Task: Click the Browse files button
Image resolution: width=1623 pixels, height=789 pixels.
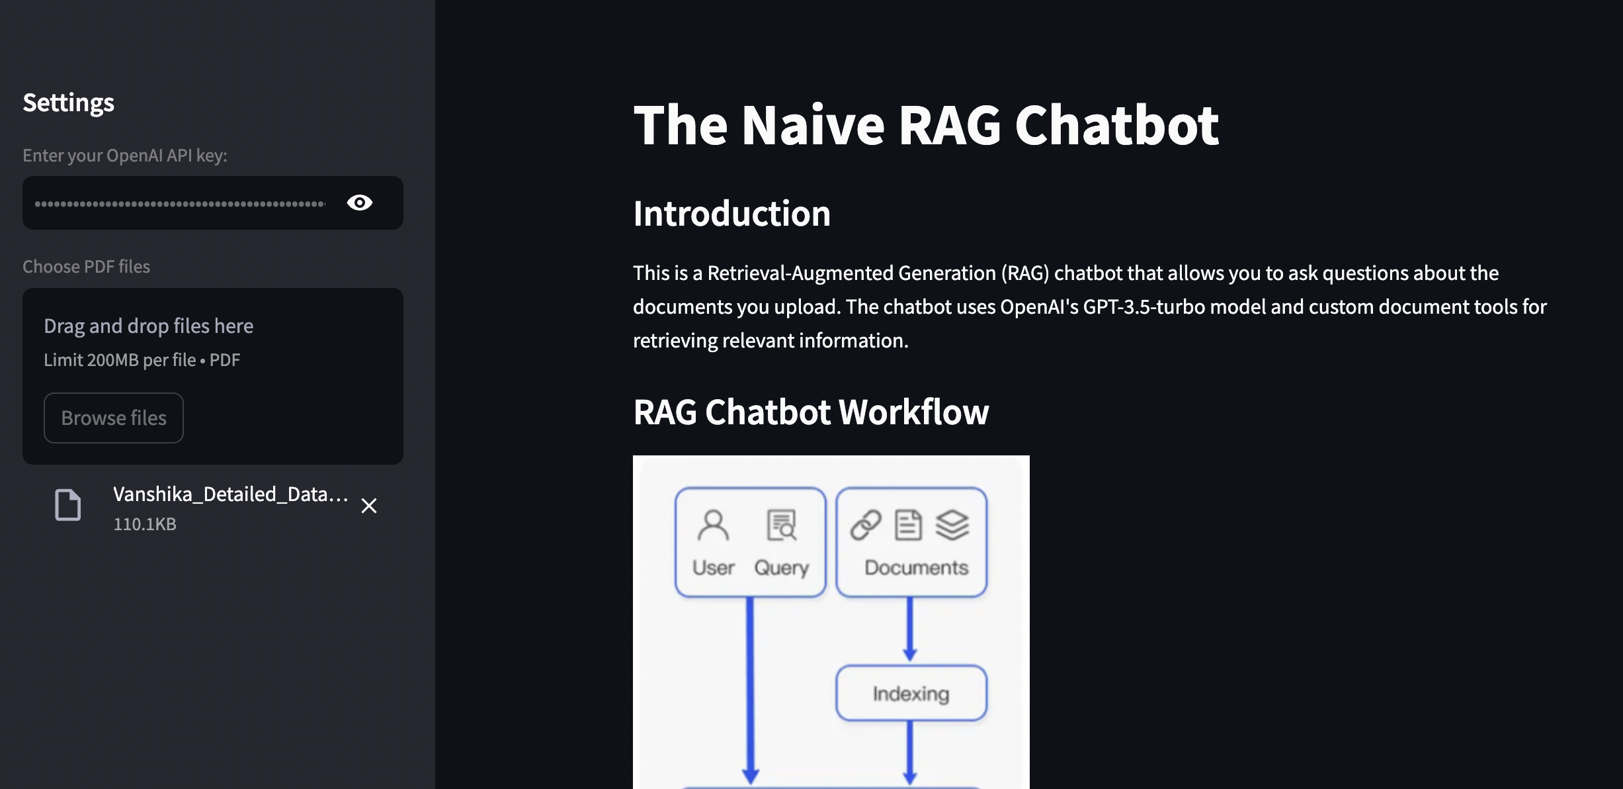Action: pos(113,418)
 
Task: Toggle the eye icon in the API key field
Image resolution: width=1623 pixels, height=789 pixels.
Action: pos(359,203)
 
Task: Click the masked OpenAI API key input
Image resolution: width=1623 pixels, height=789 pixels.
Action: pos(180,203)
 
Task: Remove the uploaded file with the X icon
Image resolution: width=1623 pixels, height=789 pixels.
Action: pos(369,506)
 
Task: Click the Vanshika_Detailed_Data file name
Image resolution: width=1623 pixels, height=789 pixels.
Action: pos(229,494)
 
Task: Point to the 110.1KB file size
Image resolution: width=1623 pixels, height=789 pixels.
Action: pos(145,524)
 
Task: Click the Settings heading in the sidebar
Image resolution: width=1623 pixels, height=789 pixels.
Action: pos(68,103)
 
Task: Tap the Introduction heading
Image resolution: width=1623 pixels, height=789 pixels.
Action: pos(731,213)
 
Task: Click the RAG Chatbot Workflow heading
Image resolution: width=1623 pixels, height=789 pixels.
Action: pos(811,412)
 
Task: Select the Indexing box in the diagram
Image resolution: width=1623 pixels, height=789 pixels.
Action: pos(911,693)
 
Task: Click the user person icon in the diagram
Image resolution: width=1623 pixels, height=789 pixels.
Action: pos(713,526)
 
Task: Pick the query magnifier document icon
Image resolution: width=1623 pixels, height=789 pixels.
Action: pos(782,526)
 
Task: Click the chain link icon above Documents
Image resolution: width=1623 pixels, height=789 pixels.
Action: pos(866,526)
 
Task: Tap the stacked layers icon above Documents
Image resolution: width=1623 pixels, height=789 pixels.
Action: pos(952,526)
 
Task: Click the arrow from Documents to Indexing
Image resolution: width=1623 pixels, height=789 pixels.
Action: pos(910,629)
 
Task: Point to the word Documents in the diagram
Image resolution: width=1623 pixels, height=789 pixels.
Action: pos(916,568)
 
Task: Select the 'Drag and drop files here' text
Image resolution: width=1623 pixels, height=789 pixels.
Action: pos(148,326)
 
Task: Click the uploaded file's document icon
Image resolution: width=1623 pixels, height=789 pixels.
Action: pos(67,506)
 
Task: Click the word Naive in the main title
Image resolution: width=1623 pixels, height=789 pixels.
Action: pos(813,125)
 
